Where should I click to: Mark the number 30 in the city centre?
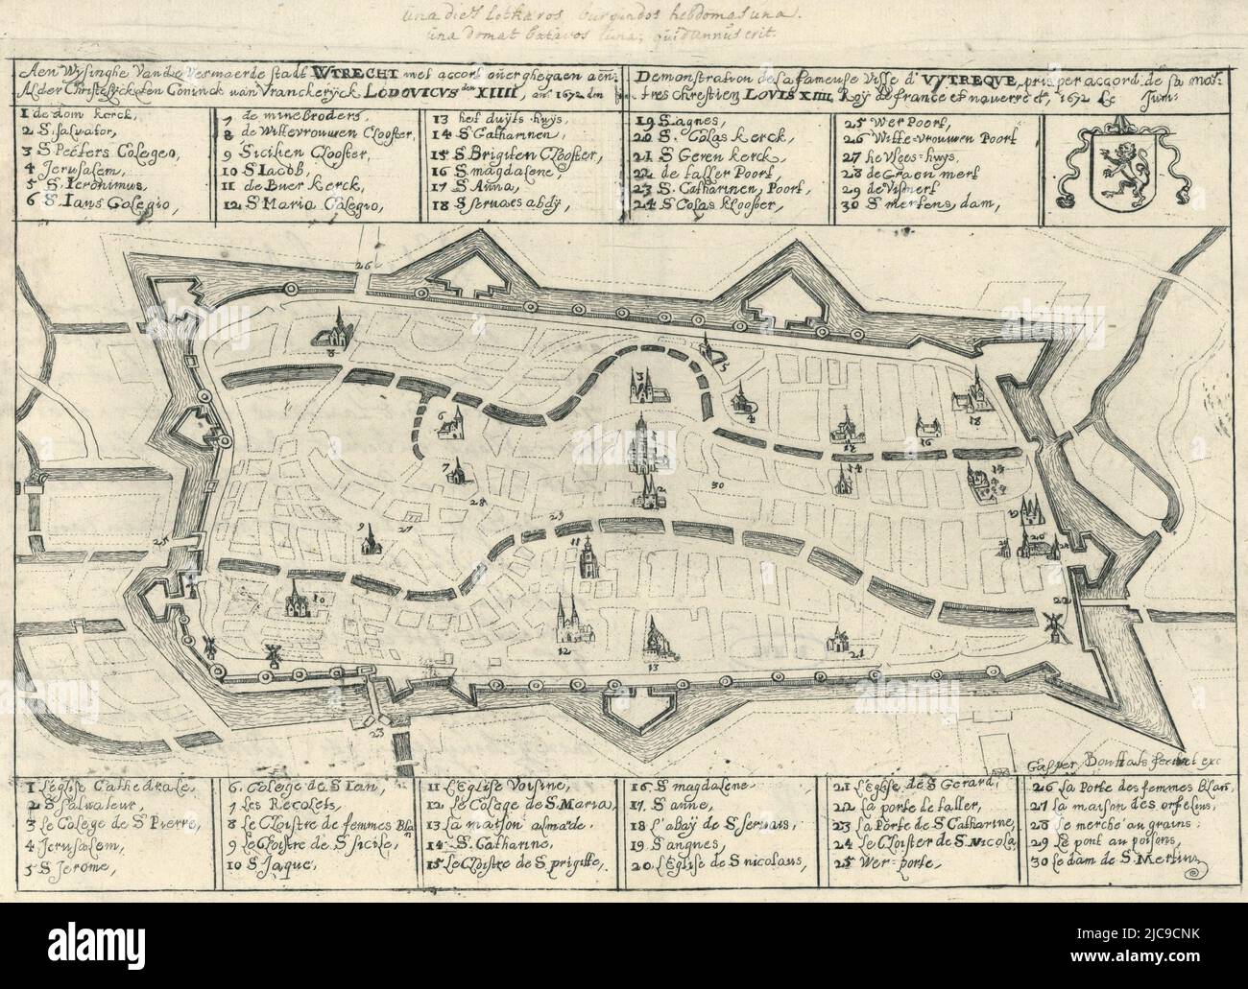click(x=717, y=486)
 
